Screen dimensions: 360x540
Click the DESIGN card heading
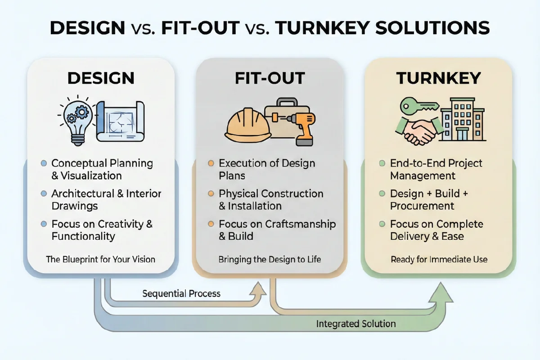click(101, 78)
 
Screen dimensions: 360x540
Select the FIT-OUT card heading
click(270, 78)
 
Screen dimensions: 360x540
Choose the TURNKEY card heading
click(438, 78)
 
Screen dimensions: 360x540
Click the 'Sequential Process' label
click(181, 294)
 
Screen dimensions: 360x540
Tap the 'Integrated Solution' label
click(355, 324)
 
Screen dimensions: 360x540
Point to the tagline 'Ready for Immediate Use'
click(439, 259)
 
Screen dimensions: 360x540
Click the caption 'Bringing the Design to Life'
click(270, 259)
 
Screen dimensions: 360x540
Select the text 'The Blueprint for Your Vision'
click(101, 259)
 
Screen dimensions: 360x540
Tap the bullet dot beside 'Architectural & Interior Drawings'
click(44, 194)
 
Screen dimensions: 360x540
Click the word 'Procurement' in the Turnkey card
click(422, 206)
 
